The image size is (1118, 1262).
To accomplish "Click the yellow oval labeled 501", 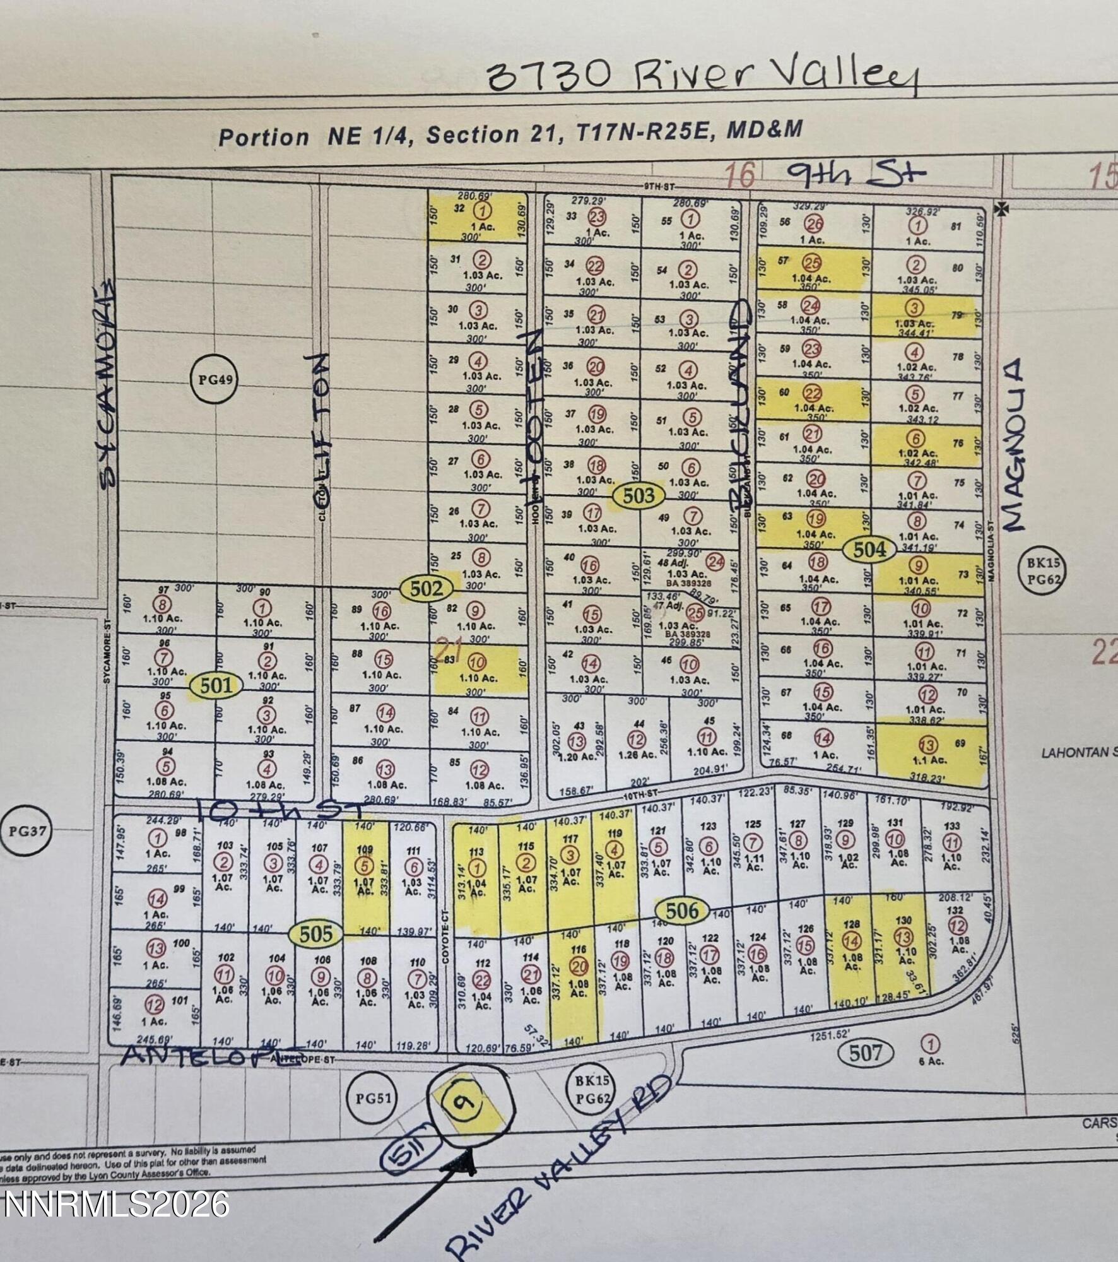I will (216, 686).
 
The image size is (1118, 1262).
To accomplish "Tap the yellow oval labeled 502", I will (427, 589).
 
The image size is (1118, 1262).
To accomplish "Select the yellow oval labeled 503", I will (638, 496).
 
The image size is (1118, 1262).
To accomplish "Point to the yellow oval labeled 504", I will (869, 550).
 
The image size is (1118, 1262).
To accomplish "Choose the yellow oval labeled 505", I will (315, 934).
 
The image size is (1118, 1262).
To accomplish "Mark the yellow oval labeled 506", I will (682, 911).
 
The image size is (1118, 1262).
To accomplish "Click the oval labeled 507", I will (865, 1053).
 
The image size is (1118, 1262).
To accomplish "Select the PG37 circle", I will (24, 830).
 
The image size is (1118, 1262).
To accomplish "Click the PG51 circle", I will (373, 1098).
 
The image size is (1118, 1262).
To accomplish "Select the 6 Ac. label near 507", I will (931, 1061).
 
